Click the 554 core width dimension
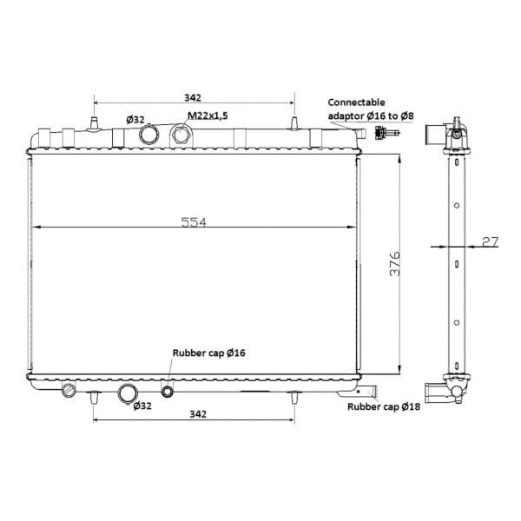194,222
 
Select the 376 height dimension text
395,264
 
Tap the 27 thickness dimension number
490,242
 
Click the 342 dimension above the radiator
193,97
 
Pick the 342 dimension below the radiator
198,414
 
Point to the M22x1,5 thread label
208,115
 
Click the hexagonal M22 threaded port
181,135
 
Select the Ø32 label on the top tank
135,119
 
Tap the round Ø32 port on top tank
148,135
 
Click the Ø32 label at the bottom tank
142,406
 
